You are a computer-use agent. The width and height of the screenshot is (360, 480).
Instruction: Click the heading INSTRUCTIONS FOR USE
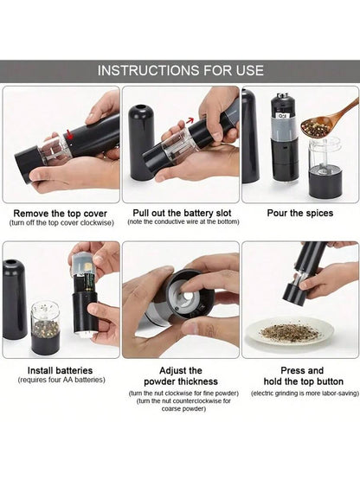pos(181,70)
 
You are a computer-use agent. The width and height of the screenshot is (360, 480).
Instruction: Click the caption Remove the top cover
pos(61,213)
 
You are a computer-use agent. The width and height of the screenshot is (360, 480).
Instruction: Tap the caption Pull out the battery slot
pos(182,213)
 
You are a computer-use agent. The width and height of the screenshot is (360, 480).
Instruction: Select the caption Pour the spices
pos(300,213)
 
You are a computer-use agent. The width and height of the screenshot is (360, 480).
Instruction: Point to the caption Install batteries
pos(60,370)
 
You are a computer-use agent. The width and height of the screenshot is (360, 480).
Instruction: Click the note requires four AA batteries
pos(61,380)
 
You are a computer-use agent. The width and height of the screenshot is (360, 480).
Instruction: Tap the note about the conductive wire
pos(183,221)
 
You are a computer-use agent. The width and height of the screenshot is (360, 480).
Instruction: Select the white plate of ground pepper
pos(291,334)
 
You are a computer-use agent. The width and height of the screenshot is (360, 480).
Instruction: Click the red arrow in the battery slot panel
pos(191,120)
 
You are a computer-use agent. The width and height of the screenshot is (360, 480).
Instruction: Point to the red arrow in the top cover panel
pos(70,134)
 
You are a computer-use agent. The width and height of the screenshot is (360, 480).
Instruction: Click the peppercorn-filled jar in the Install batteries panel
pos(45,328)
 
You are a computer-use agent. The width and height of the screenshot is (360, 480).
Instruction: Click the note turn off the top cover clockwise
pos(61,222)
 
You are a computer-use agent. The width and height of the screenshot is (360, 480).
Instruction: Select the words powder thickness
pos(181,381)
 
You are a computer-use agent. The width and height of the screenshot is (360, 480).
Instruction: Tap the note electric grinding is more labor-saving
pos(305,393)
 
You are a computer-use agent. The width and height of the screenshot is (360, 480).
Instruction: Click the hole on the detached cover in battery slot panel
pos(141,108)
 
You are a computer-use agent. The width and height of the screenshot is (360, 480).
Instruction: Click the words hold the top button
pos(304,381)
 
